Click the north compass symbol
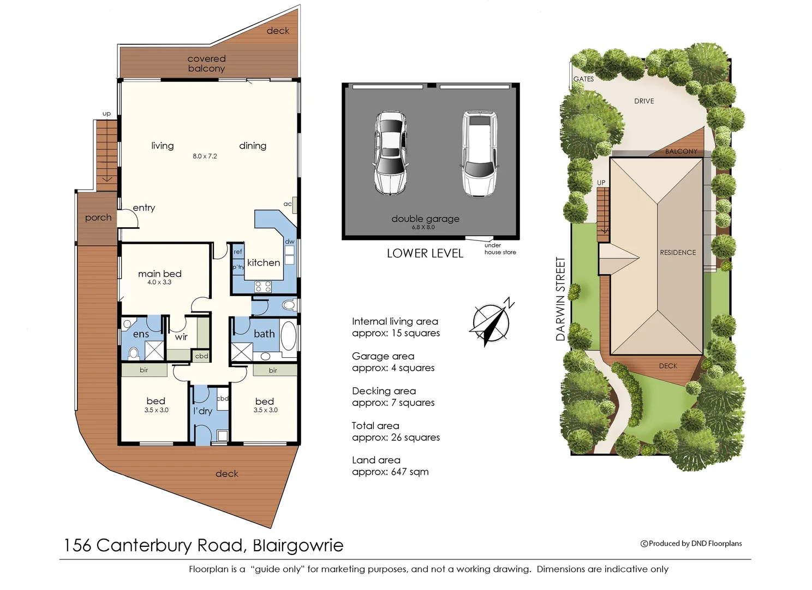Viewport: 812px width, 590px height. (x=491, y=322)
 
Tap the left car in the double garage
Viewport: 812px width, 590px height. (x=390, y=152)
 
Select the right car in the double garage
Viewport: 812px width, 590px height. (x=479, y=154)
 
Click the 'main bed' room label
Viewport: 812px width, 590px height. (x=159, y=274)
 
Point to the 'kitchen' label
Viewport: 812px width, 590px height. (x=264, y=263)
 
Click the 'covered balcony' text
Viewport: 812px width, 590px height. (x=206, y=63)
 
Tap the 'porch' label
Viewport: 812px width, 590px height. (x=98, y=217)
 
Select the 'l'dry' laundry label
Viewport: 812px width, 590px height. (x=202, y=411)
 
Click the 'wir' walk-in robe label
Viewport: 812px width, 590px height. (x=181, y=337)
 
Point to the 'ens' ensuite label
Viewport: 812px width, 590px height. (x=141, y=334)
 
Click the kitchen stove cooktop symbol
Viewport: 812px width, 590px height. (x=263, y=286)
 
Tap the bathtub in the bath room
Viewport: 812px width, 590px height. (x=288, y=336)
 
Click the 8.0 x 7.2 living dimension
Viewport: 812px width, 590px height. (x=205, y=156)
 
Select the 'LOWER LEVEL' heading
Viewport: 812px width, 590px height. (x=425, y=253)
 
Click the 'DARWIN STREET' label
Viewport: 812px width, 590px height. (x=560, y=299)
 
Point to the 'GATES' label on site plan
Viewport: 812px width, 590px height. (x=583, y=79)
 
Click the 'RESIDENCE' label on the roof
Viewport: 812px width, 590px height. (x=678, y=252)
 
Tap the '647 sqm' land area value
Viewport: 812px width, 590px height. (x=410, y=472)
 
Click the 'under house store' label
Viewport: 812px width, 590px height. (x=500, y=249)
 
